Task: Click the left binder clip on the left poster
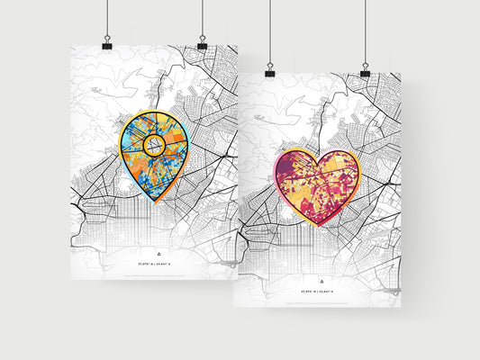(106, 42)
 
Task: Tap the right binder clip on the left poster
(202, 42)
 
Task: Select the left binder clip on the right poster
(269, 69)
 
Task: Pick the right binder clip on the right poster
(365, 69)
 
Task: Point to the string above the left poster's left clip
(106, 18)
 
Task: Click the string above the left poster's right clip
(202, 18)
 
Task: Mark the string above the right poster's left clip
(269, 31)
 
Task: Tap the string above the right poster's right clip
(365, 31)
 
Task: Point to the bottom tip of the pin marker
(156, 204)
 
